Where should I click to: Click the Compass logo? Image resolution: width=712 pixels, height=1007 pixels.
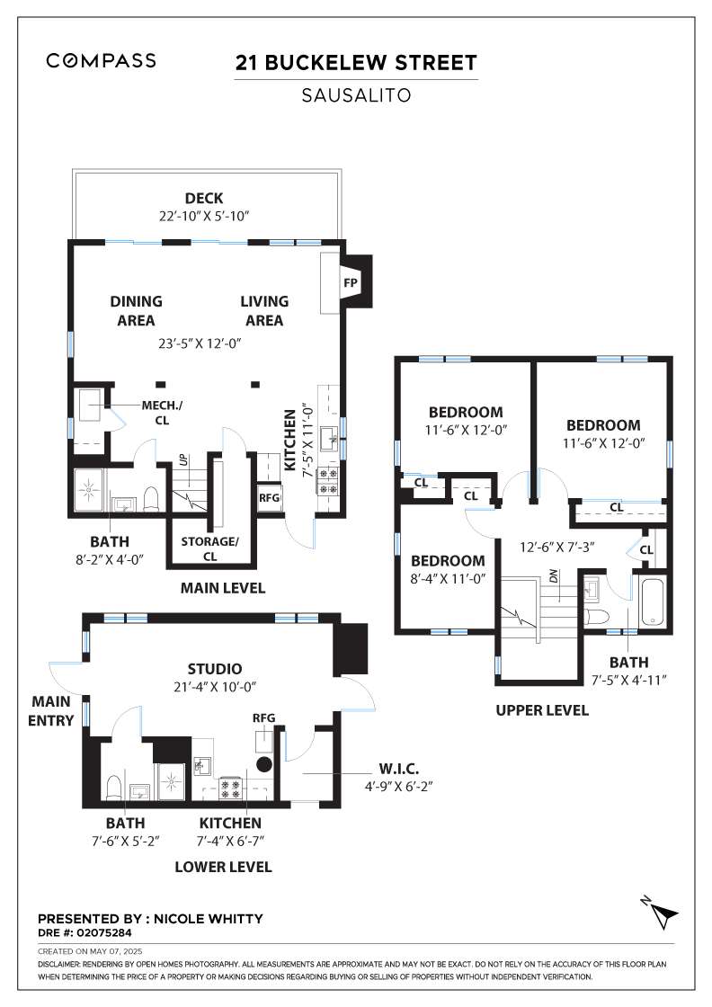pyautogui.click(x=101, y=60)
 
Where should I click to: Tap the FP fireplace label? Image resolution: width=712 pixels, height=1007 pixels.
pyautogui.click(x=350, y=282)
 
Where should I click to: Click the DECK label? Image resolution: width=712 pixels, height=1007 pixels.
pyautogui.click(x=204, y=199)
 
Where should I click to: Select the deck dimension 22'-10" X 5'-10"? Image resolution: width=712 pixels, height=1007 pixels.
pyautogui.click(x=204, y=217)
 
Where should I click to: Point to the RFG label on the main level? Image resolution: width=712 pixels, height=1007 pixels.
pyautogui.click(x=270, y=498)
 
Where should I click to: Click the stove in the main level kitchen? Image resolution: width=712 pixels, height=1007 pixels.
pyautogui.click(x=329, y=482)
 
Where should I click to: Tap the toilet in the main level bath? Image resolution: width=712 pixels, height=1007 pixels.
pyautogui.click(x=152, y=498)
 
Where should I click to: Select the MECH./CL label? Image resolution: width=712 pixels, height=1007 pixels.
pyautogui.click(x=162, y=413)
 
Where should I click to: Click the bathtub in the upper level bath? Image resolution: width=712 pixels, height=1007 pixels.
pyautogui.click(x=654, y=602)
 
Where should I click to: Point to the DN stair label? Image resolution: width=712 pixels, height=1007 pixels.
pyautogui.click(x=554, y=576)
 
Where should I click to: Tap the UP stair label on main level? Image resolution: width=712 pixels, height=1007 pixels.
pyautogui.click(x=184, y=460)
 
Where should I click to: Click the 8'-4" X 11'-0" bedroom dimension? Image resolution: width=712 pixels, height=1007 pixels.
pyautogui.click(x=448, y=579)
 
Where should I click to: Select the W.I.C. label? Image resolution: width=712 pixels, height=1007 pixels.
pyautogui.click(x=398, y=768)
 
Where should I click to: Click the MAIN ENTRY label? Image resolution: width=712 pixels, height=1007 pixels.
pyautogui.click(x=50, y=711)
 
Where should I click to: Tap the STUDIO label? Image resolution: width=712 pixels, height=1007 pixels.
pyautogui.click(x=215, y=669)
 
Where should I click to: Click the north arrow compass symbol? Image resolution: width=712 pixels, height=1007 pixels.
pyautogui.click(x=661, y=912)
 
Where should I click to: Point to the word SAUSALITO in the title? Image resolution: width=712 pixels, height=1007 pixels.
pyautogui.click(x=356, y=95)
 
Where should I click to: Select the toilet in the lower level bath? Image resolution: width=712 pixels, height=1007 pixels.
pyautogui.click(x=113, y=788)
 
